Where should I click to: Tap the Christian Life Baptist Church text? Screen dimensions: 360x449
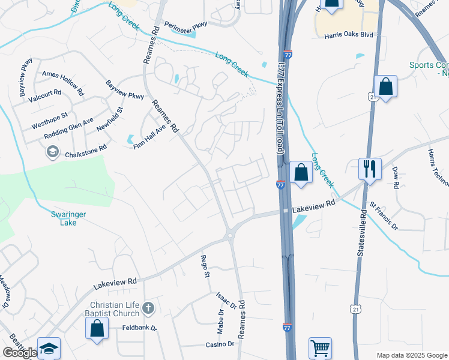[115, 309]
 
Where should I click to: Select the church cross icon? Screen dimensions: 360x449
[149, 309]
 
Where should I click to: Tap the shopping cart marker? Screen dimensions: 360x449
[320, 348]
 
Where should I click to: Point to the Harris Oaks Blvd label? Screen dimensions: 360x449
[349, 35]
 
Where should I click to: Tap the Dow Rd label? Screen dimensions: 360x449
[396, 178]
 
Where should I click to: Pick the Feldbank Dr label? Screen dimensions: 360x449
[136, 328]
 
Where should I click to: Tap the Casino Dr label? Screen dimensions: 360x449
[220, 344]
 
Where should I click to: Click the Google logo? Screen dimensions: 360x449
[20, 353]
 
